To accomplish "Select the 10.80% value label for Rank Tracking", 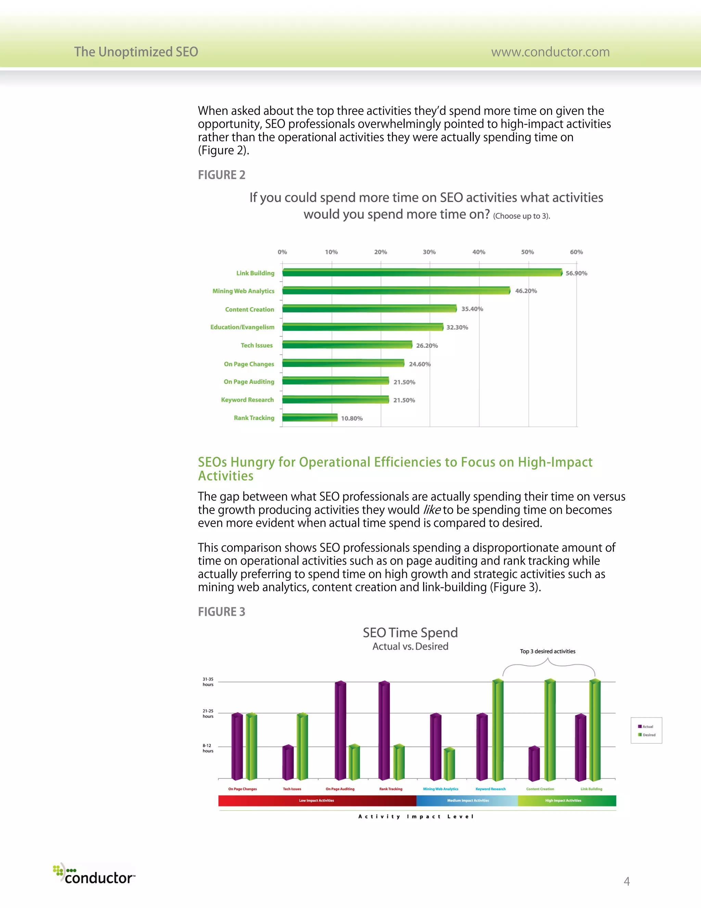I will (x=352, y=418).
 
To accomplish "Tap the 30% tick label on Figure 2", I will (x=430, y=252).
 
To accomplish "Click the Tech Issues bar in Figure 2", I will (x=347, y=345).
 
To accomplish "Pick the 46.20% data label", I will (x=526, y=291).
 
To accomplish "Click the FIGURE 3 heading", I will (x=221, y=612).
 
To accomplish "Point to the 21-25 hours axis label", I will (x=208, y=713).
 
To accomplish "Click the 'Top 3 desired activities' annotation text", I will (x=547, y=651).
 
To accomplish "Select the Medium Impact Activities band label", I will (x=468, y=800).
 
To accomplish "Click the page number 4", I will (x=627, y=881).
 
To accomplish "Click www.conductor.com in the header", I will (x=550, y=52).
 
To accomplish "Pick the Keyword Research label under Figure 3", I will (x=490, y=789).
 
